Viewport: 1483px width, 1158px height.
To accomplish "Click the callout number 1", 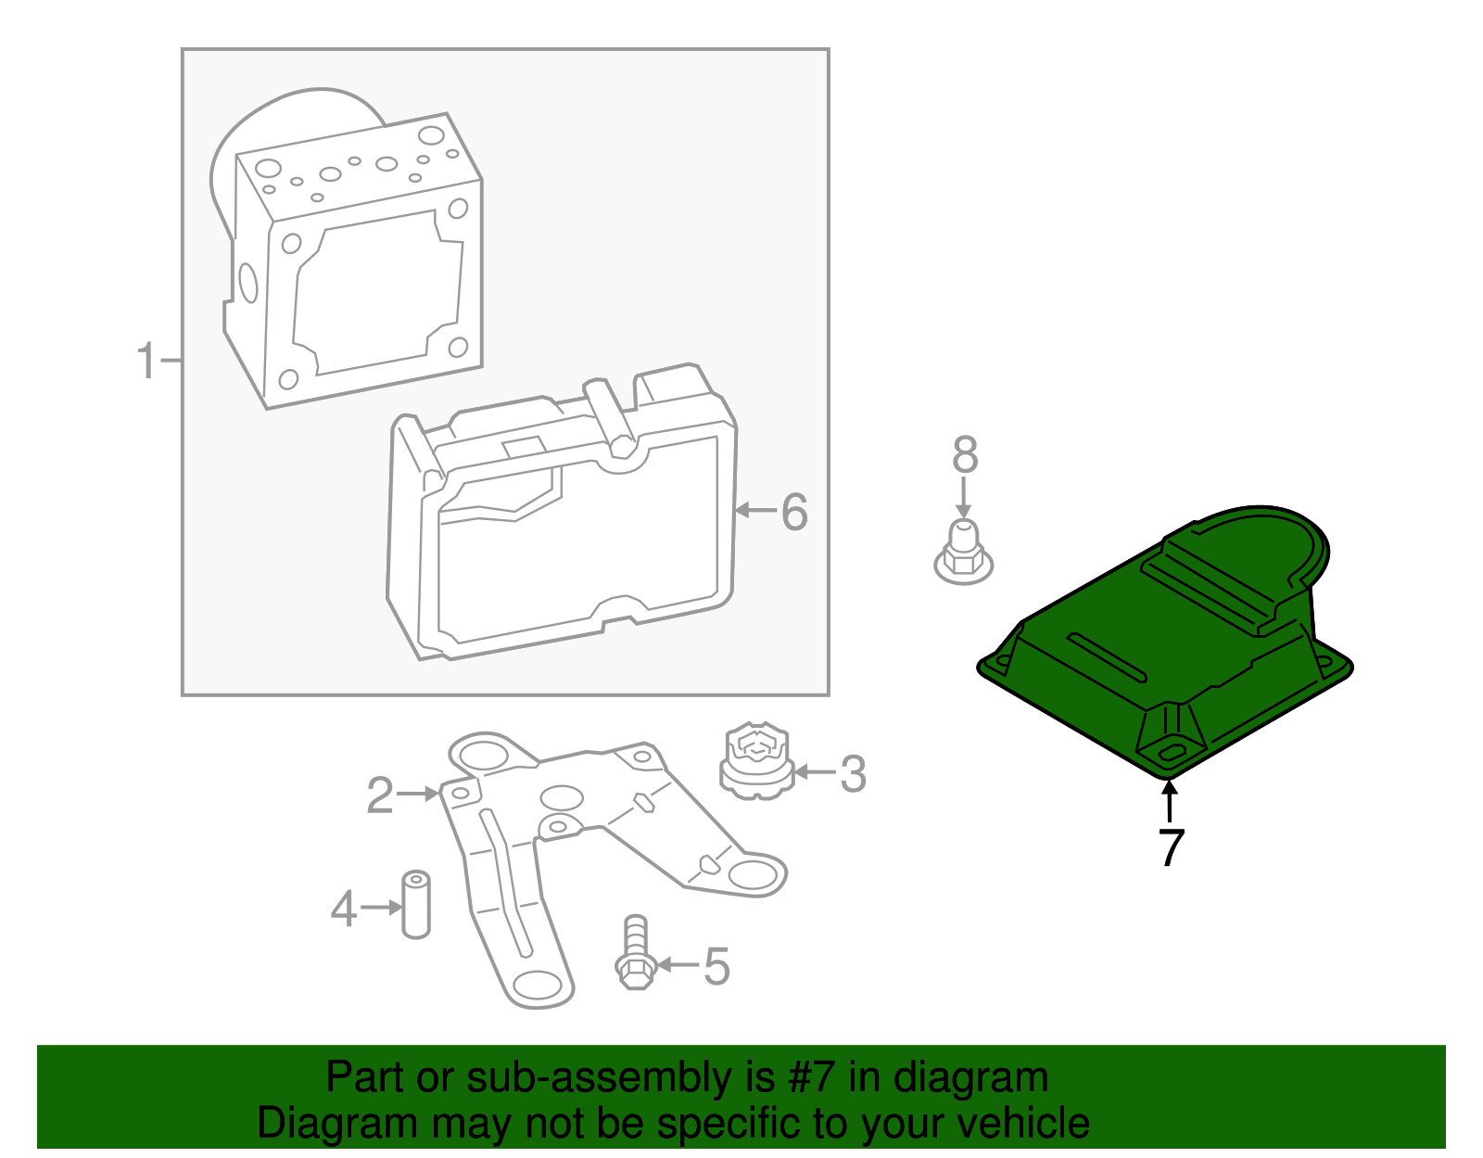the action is click(146, 361).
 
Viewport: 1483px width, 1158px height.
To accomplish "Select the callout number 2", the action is click(380, 795).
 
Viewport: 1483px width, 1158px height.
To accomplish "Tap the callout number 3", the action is click(853, 773).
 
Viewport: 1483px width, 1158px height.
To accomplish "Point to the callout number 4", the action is click(344, 909).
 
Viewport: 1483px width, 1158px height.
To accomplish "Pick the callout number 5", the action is click(716, 966).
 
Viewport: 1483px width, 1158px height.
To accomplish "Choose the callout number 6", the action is click(794, 512).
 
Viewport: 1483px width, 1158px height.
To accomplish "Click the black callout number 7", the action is click(1172, 847).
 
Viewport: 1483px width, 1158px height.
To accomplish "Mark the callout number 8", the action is click(965, 455).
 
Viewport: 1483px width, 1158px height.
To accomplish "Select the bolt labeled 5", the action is click(635, 952).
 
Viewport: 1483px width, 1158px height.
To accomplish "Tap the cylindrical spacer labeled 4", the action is click(416, 904).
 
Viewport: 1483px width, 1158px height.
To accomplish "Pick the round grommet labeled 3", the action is click(757, 761).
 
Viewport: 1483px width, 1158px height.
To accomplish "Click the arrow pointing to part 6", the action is click(755, 510).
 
